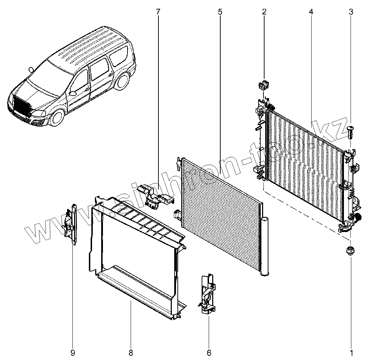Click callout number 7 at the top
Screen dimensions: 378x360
click(x=158, y=11)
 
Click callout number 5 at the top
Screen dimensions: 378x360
click(x=220, y=11)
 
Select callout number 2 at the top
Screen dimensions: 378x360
click(x=264, y=11)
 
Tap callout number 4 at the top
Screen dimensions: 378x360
click(x=311, y=11)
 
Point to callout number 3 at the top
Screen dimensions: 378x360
click(x=351, y=11)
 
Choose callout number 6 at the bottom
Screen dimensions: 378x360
click(x=209, y=353)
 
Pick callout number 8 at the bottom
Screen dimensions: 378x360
click(x=131, y=353)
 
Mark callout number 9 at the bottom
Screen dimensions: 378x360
click(x=73, y=353)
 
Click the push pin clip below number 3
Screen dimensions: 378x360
click(x=351, y=132)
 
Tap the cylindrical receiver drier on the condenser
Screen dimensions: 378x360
click(x=265, y=246)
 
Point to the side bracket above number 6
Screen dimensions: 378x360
click(x=207, y=294)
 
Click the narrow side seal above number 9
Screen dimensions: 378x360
click(x=71, y=224)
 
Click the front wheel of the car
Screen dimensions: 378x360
click(x=58, y=117)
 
